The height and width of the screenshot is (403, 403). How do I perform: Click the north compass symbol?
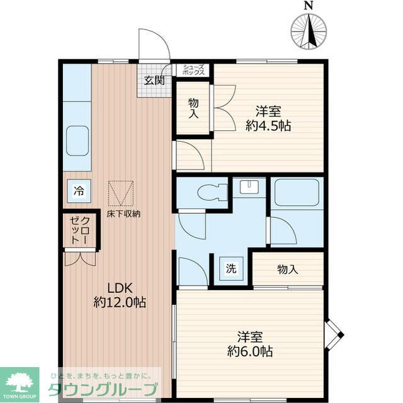[x=309, y=30]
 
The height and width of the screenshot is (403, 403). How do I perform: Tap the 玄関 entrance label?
[x=154, y=80]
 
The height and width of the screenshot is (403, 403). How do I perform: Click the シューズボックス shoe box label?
[x=193, y=70]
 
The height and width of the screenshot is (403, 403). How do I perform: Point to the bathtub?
[x=297, y=194]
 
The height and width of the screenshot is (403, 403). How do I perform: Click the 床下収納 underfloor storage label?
[x=123, y=214]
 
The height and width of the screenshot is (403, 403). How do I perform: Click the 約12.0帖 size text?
[x=120, y=303]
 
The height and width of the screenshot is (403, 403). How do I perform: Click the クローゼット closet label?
[x=80, y=230]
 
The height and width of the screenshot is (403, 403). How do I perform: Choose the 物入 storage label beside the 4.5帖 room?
[x=193, y=109]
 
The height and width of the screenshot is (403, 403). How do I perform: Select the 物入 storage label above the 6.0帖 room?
[x=287, y=270]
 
